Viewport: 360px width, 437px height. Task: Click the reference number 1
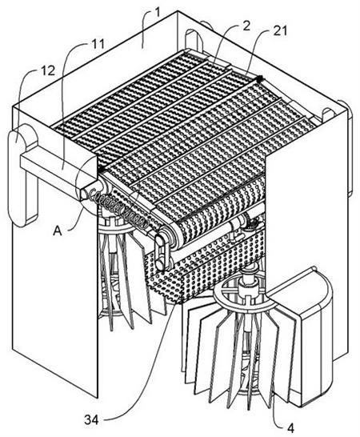[158, 13]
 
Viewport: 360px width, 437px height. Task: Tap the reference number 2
[246, 26]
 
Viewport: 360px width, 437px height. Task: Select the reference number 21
[279, 31]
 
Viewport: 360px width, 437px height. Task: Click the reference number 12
[48, 71]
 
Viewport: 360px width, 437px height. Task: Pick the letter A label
[58, 231]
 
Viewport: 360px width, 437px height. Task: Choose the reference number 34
[92, 420]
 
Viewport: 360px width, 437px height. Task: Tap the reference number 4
[290, 428]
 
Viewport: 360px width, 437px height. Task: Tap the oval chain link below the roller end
[160, 251]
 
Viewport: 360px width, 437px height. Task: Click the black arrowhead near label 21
[260, 78]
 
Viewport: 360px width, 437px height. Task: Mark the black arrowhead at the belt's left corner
[101, 169]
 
